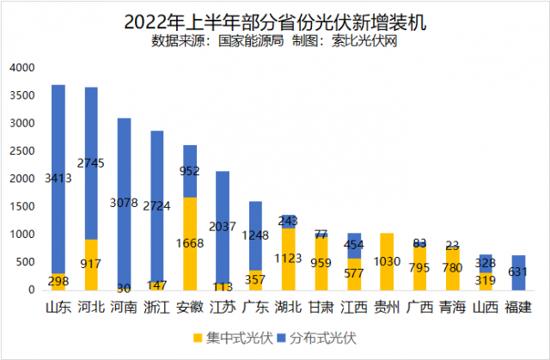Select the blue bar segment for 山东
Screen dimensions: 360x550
coord(58,155)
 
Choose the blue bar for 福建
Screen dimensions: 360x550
coord(518,272)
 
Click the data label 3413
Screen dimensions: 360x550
coord(58,180)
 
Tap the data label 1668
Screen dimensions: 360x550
coord(191,244)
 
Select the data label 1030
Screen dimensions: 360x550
coord(387,261)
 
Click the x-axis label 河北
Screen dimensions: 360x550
coord(91,307)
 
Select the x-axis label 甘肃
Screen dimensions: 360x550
coord(321,307)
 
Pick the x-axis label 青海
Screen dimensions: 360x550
coord(453,307)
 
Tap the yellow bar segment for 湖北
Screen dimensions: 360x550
coord(289,259)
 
